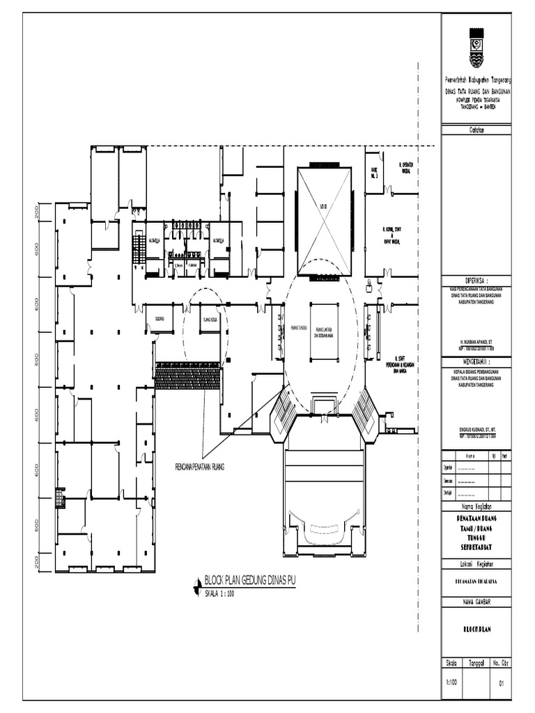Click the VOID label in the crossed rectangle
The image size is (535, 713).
pos(323,206)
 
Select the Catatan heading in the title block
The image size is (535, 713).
pos(476,130)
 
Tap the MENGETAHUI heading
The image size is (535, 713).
pos(477,362)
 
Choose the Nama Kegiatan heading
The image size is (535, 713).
pos(476,506)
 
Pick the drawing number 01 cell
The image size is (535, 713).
pos(500,683)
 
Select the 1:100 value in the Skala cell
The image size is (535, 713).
pos(451,682)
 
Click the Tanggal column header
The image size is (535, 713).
pos(476,664)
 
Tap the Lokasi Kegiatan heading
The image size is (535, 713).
pos(476,563)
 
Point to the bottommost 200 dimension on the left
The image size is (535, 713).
pos(38,561)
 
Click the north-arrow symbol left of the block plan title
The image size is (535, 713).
pos(195,589)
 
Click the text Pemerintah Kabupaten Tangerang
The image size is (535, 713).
pos(476,81)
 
